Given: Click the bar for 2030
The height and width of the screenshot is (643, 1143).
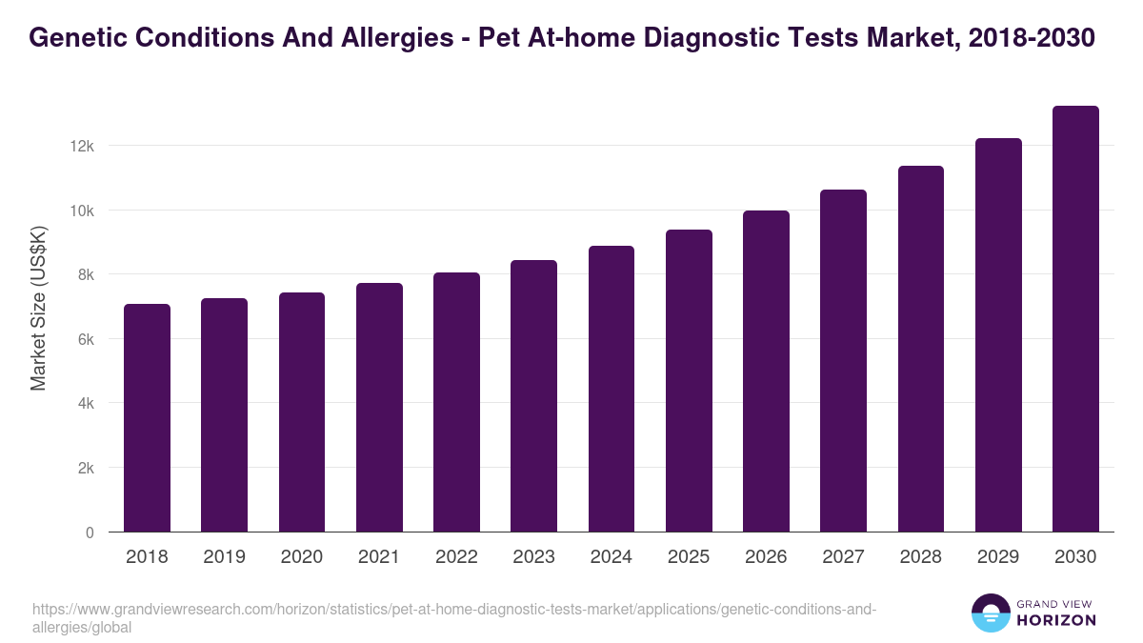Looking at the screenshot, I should point(1075,319).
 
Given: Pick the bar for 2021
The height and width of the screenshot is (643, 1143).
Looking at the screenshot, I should point(379,407).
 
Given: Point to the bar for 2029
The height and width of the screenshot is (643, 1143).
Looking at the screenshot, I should point(998,334).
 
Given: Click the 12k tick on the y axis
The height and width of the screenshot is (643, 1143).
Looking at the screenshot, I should point(82,146).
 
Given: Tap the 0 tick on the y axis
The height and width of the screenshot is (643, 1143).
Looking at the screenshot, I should point(90,532).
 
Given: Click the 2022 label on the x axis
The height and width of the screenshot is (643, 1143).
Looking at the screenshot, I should point(456,557).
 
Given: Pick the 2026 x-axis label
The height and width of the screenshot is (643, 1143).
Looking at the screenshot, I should point(766,557).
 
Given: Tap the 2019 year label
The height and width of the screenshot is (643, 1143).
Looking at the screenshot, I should point(224,557).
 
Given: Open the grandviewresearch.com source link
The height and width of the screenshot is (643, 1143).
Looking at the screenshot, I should point(452,610).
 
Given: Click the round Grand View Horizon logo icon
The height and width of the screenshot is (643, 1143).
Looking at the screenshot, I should point(991,613).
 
